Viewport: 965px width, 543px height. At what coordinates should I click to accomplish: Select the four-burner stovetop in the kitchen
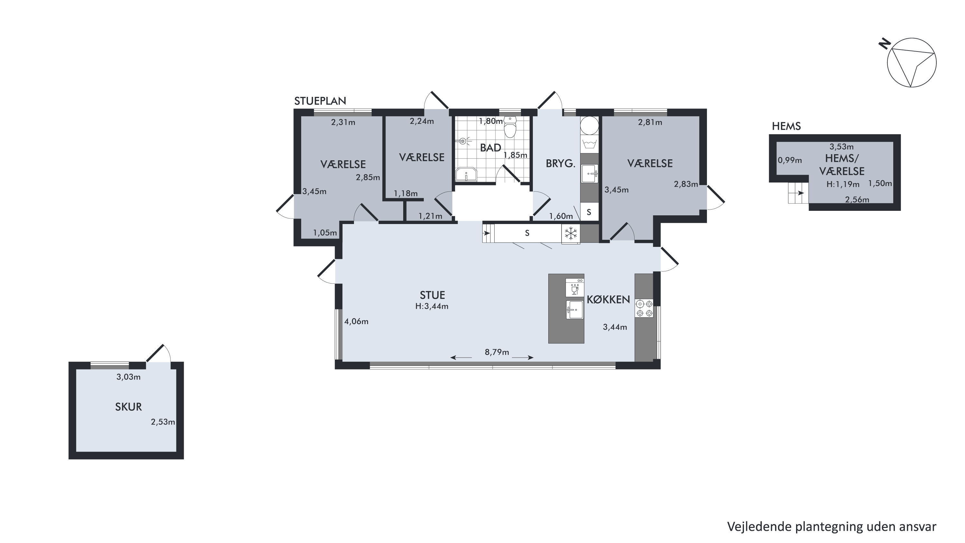point(644,308)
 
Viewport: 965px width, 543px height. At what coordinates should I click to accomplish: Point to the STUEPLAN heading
point(320,101)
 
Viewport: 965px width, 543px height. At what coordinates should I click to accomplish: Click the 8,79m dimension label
point(497,352)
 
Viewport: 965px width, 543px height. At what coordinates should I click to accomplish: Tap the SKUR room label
point(128,407)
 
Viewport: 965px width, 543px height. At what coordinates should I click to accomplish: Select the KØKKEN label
point(608,299)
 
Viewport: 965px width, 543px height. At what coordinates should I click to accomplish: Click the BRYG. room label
point(561,164)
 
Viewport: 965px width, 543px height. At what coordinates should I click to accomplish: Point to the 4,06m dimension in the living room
point(356,321)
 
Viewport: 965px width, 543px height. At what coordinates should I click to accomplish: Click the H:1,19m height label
point(843,184)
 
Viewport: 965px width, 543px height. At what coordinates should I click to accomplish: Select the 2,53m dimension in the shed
point(163,422)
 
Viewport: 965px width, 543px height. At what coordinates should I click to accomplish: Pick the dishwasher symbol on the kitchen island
point(575,287)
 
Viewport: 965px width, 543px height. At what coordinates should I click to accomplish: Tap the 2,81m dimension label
point(650,122)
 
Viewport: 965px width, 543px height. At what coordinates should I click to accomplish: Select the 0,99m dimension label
point(790,160)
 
